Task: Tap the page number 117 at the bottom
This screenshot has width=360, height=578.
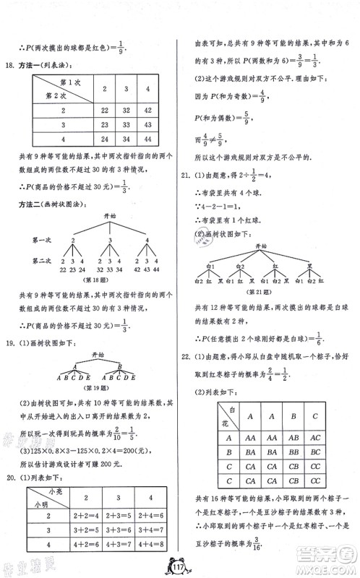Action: coord(181,566)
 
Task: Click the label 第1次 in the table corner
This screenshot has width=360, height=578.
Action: coord(72,82)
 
